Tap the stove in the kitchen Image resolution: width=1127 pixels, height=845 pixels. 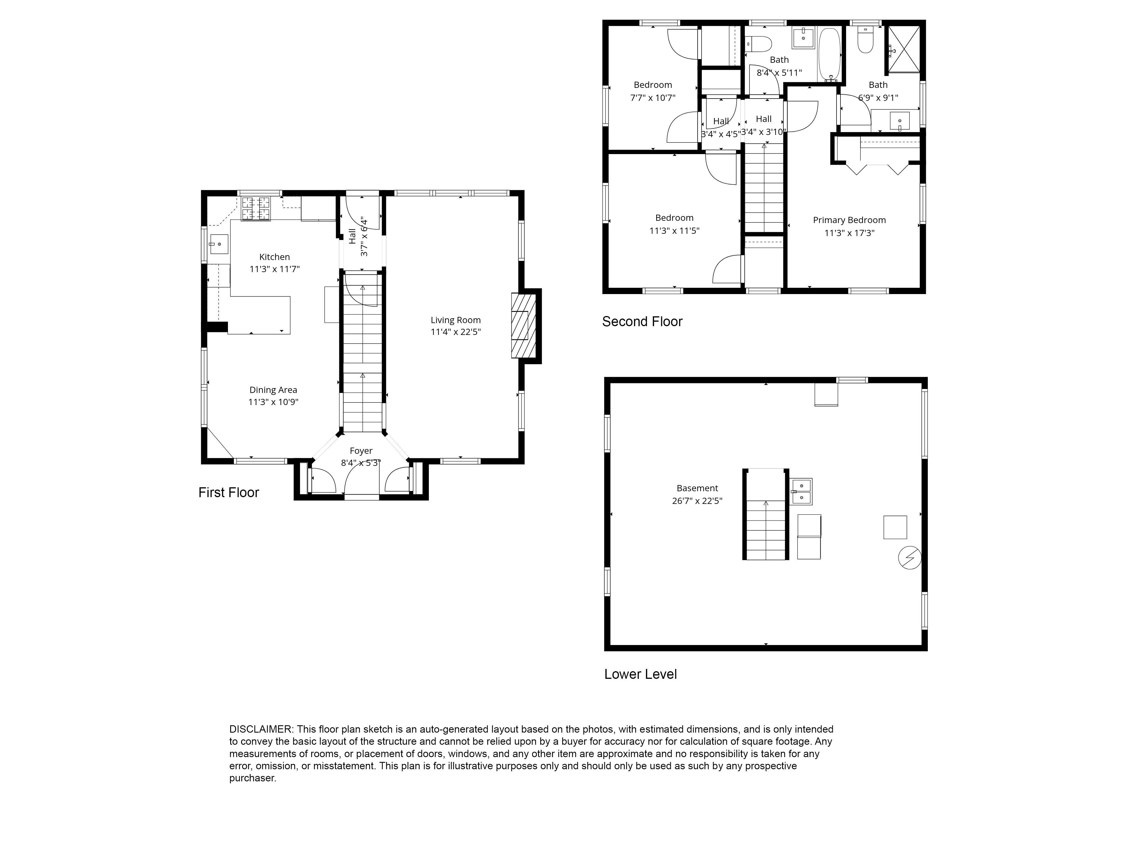pyautogui.click(x=256, y=209)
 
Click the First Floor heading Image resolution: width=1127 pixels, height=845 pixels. pyautogui.click(x=229, y=493)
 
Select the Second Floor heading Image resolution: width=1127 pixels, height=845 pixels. pyautogui.click(x=642, y=321)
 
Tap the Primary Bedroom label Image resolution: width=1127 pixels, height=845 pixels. pyautogui.click(x=849, y=220)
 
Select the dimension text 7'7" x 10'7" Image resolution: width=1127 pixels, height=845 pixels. pyautogui.click(x=653, y=98)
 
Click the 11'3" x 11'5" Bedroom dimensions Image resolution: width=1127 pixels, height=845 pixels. pyautogui.click(x=674, y=231)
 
